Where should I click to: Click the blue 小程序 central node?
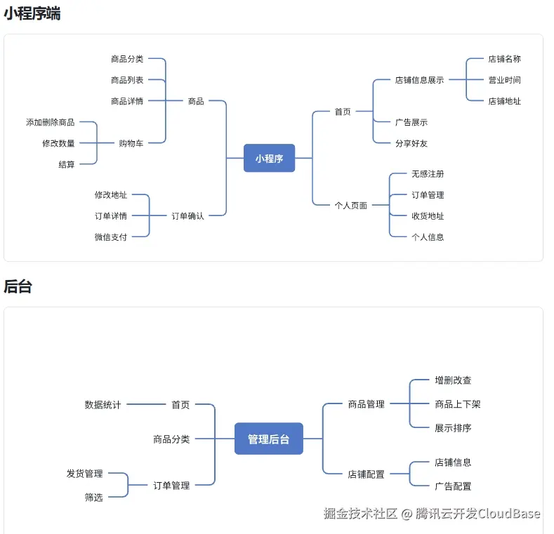click(x=269, y=158)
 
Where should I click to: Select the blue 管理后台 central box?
click(x=268, y=439)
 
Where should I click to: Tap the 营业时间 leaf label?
click(x=504, y=80)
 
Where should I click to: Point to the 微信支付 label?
click(x=110, y=237)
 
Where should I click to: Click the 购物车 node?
click(x=131, y=143)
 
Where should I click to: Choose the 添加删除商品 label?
click(x=50, y=122)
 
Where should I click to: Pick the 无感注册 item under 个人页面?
click(x=427, y=174)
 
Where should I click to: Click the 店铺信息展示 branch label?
click(x=418, y=80)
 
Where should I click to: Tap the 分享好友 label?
click(x=411, y=143)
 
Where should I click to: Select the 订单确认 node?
click(x=187, y=216)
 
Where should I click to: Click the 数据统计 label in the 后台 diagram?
click(x=103, y=405)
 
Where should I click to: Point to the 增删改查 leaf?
click(x=453, y=380)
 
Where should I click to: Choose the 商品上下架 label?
click(x=457, y=404)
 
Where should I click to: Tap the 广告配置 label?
click(x=453, y=486)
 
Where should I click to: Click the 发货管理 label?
click(x=84, y=474)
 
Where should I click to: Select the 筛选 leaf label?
click(x=93, y=498)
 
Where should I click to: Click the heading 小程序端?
click(x=32, y=13)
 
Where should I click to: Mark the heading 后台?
click(x=18, y=286)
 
